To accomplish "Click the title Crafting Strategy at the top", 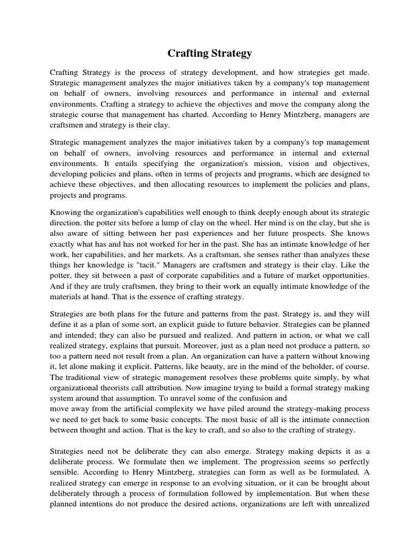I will [209, 53].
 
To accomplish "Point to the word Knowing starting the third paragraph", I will [65, 212].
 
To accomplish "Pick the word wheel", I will [245, 224].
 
